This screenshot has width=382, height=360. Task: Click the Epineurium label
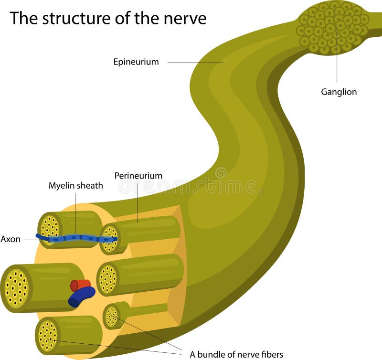coord(136,62)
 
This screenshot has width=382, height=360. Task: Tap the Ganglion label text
coord(339,92)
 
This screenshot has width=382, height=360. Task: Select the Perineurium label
coord(138,176)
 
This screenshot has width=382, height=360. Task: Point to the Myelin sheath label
coord(75,185)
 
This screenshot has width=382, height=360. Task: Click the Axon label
coord(11,239)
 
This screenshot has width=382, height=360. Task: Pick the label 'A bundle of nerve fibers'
coord(236,354)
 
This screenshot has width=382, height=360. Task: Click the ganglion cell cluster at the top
coord(333,26)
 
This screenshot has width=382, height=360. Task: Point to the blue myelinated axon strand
coord(76,238)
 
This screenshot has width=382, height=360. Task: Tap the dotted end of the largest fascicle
coord(16,288)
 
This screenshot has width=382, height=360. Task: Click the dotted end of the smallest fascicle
coord(111,316)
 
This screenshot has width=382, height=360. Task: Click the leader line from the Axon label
coord(30,239)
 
